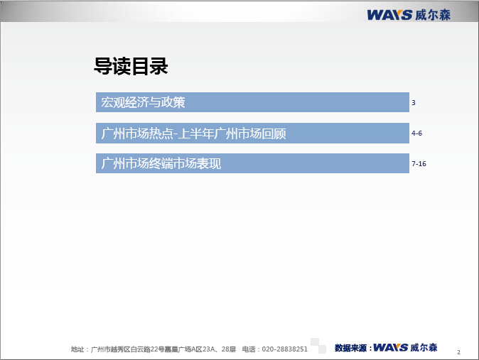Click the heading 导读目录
coord(131,66)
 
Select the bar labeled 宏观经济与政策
coord(252,102)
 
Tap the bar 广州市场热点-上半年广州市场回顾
coord(252,133)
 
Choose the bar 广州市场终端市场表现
coord(252,163)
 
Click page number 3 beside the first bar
coord(414,102)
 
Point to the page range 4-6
coord(416,133)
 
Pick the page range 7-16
coord(419,163)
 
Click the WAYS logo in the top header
coord(389,15)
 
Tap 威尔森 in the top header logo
coord(433,15)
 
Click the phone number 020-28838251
coord(285,349)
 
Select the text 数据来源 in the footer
coord(350,348)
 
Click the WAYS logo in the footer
coord(390,347)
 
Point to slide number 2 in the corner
coord(458,352)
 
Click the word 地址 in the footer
coord(77,349)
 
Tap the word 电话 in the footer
coord(249,349)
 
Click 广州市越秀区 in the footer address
coord(111,349)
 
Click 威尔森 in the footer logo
coord(424,347)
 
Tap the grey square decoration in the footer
coord(318,346)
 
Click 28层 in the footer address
coord(229,349)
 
